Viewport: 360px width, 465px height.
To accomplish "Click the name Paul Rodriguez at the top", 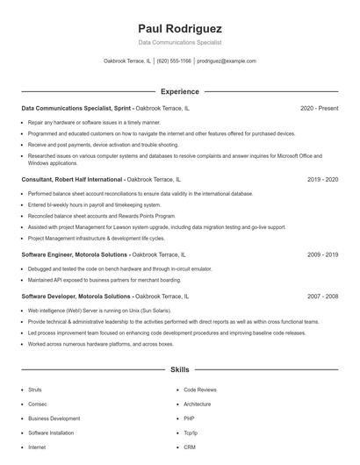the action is pos(180,28).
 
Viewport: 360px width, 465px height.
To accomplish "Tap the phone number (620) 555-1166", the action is pos(174,61).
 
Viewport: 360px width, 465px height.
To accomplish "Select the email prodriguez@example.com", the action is pos(227,61).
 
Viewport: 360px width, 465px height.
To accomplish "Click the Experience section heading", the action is pos(180,91).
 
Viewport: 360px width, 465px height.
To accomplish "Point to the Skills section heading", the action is pos(180,370).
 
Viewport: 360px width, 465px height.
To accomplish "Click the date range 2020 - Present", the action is pos(319,108).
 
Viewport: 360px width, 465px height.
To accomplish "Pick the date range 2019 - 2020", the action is pos(322,179).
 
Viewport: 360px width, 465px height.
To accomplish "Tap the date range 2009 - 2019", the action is pos(322,254).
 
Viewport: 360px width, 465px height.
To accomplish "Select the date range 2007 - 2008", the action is pos(322,297).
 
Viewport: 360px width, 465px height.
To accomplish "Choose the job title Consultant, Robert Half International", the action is pos(72,179).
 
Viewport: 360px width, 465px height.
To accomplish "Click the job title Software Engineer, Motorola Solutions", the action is pos(74,254).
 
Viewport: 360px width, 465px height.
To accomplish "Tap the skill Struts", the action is pos(35,389).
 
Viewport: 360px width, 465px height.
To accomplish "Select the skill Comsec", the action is pos(37,404).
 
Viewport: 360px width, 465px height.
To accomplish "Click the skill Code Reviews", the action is pos(200,389).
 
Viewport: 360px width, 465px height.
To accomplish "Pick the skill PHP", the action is pos(190,418).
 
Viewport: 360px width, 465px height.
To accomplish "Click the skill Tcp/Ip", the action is pos(191,433).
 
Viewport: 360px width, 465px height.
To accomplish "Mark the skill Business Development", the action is pos(54,418).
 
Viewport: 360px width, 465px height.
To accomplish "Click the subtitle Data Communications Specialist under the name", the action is pos(180,42).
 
